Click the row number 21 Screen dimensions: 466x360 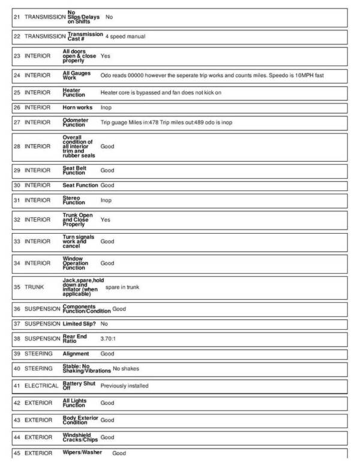click(16, 17)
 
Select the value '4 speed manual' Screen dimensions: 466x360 click(125, 36)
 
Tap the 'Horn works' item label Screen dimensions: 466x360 click(77, 107)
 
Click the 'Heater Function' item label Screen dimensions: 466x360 click(74, 92)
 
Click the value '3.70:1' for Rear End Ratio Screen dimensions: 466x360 click(109, 339)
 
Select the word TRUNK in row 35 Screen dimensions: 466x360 click(34, 287)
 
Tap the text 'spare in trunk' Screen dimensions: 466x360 click(122, 287)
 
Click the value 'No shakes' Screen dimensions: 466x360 click(126, 369)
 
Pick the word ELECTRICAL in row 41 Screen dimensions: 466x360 click(41, 386)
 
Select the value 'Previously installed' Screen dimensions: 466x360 click(124, 386)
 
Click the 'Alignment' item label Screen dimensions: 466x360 click(76, 354)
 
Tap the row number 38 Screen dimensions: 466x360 click(16, 339)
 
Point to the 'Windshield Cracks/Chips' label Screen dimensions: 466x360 click(80, 437)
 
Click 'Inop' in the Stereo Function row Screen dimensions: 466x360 click(106, 200)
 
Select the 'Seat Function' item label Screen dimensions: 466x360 click(80, 185)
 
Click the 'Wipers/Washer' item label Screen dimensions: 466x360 click(82, 452)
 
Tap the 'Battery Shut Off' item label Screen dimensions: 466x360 click(79, 386)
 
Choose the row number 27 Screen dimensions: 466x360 click(16, 122)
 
